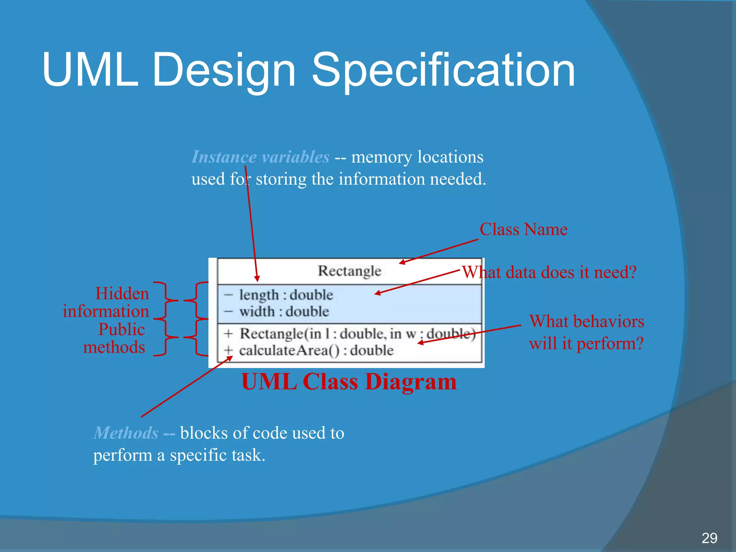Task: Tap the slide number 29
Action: (x=709, y=538)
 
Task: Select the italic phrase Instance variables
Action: (x=260, y=157)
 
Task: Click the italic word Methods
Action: (x=126, y=433)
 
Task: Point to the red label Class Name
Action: (x=523, y=229)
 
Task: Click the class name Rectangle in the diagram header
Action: (x=349, y=271)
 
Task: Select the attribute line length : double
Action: (x=286, y=295)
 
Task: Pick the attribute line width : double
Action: (x=284, y=311)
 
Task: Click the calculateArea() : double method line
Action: (x=316, y=350)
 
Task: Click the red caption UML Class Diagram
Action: (x=349, y=381)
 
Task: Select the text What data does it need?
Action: (x=549, y=272)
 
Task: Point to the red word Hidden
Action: (x=122, y=294)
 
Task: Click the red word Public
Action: (x=121, y=330)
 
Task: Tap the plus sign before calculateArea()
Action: (x=228, y=350)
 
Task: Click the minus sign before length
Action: (x=228, y=295)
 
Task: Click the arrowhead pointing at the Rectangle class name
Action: (x=402, y=263)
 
